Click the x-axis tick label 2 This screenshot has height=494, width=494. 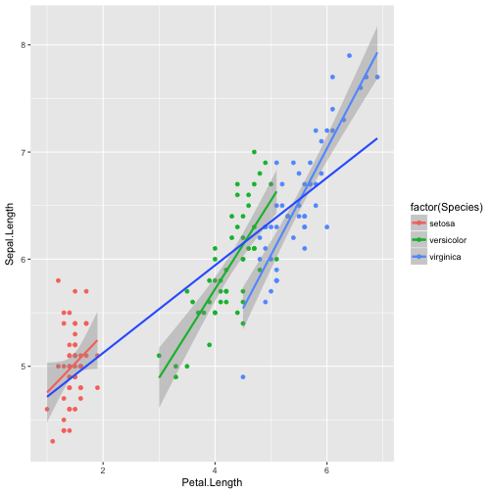103,469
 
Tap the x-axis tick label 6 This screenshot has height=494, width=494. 326,469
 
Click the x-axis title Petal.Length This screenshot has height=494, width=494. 215,483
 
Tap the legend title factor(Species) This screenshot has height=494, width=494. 448,207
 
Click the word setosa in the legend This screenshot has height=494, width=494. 444,223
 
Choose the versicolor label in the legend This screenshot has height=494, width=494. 449,240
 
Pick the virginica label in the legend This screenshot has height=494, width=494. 447,257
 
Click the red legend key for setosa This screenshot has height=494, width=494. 421,223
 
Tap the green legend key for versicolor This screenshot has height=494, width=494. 421,240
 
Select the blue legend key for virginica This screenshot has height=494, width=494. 421,257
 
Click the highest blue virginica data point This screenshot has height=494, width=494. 349,56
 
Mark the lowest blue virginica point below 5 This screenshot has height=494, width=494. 243,377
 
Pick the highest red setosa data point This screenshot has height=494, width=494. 58,280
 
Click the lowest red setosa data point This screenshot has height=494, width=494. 53,441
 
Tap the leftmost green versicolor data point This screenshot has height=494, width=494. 159,356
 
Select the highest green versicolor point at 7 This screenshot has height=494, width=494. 254,152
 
